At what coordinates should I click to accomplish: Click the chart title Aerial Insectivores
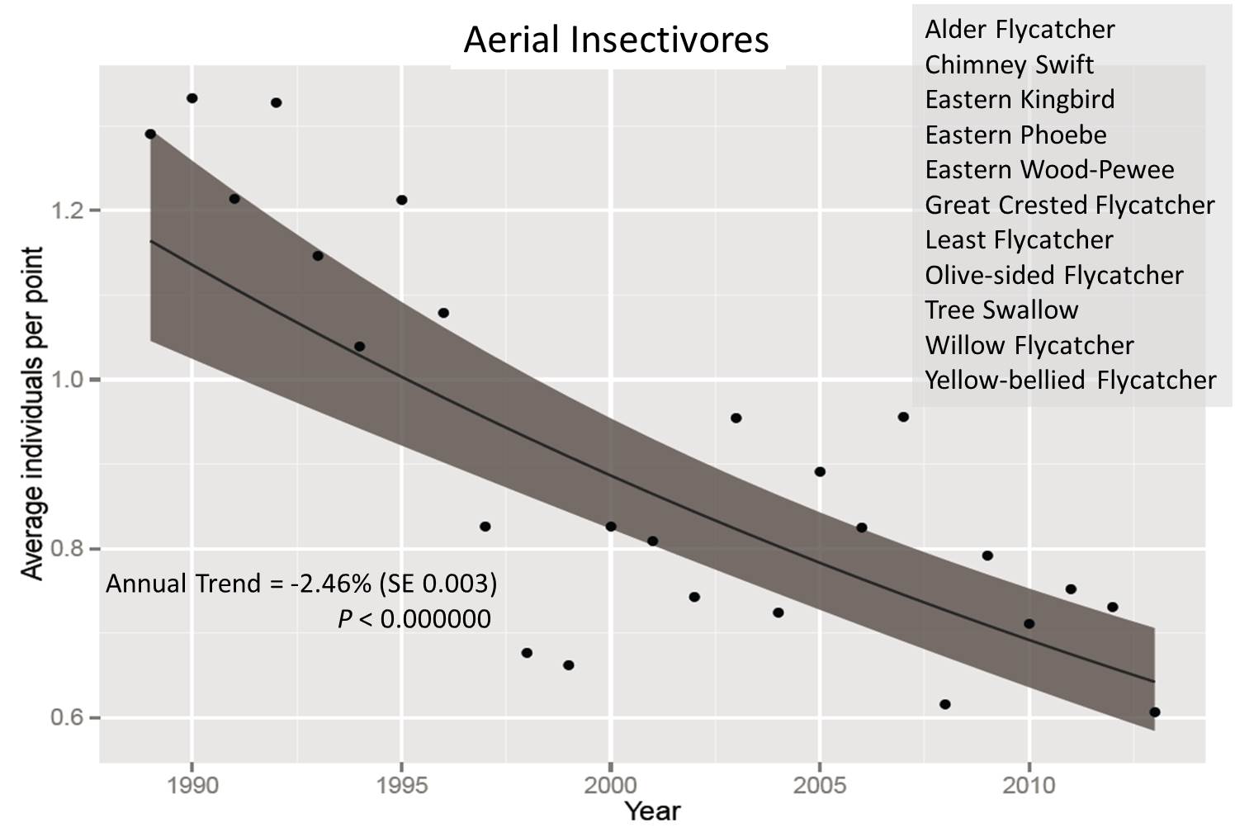[616, 40]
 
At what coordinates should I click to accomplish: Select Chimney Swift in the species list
[1009, 64]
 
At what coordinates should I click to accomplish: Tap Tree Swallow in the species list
[1001, 310]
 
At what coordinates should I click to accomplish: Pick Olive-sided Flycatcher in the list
[1053, 275]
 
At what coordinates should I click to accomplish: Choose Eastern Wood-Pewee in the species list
[1048, 169]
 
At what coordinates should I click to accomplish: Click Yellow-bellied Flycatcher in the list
[1070, 380]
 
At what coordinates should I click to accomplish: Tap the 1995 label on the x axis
[401, 785]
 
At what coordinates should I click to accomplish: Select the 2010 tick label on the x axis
[1029, 785]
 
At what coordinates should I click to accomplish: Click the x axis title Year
[652, 812]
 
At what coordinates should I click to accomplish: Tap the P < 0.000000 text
[414, 618]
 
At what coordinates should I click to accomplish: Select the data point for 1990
[192, 98]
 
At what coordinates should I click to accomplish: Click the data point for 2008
[945, 704]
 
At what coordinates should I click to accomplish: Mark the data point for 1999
[569, 665]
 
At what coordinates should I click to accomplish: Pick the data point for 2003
[736, 418]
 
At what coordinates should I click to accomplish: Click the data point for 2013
[1155, 712]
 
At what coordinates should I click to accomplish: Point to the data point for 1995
[401, 200]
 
